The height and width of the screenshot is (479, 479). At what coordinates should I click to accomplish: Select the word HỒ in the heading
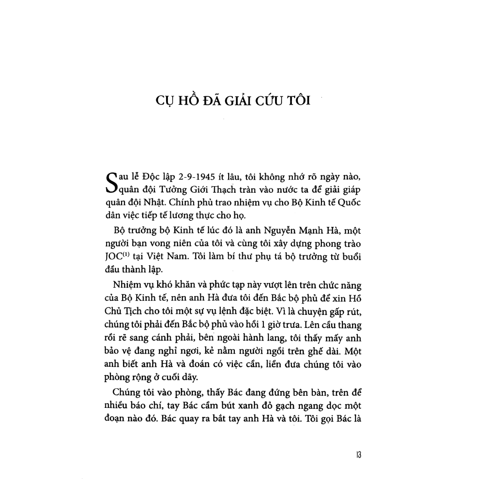(x=192, y=101)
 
